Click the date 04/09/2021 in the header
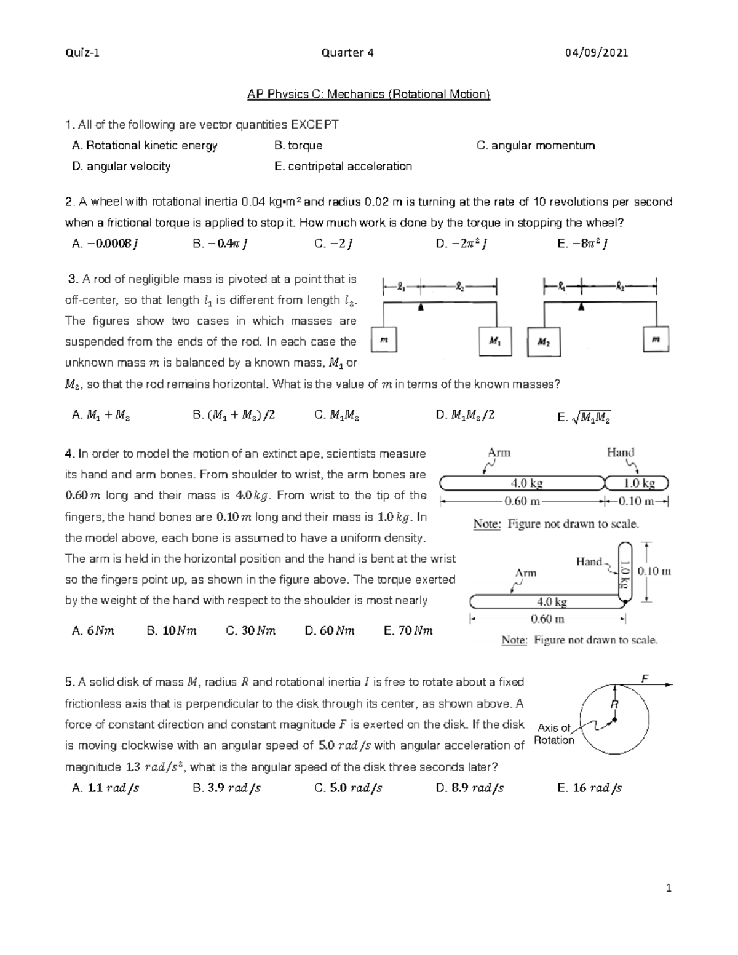pos(597,52)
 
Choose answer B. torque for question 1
pos(298,146)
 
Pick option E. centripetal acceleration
pos(343,166)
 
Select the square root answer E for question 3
pos(584,418)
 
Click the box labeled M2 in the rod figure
pos(544,342)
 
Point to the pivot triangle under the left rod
pos(421,306)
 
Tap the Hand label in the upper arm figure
pos(620,453)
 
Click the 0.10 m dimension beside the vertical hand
pos(654,571)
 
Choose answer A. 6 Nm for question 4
pos(93,630)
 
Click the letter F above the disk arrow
pos(645,678)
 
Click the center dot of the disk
pos(614,719)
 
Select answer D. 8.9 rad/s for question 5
pos(469,788)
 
